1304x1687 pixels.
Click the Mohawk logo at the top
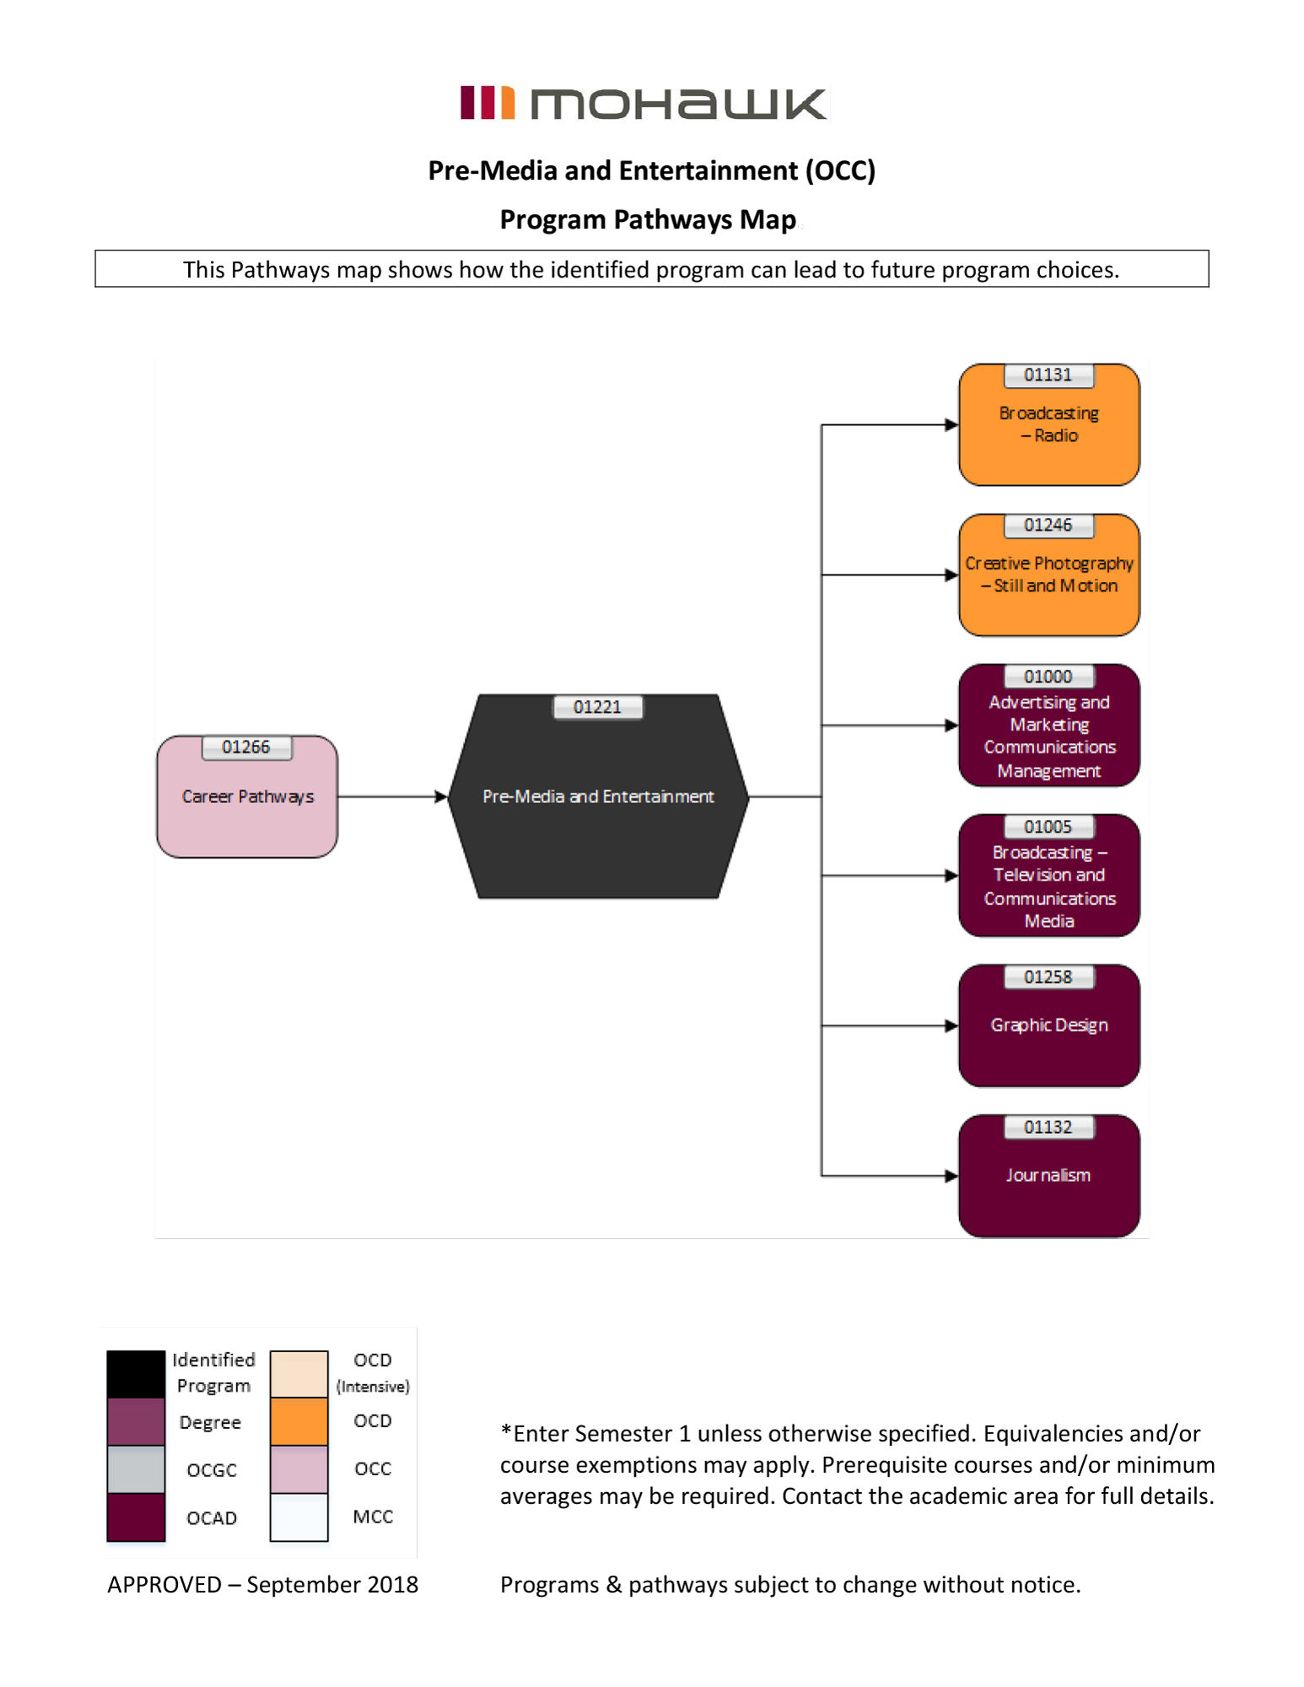point(644,103)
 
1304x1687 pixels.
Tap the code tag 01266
point(246,747)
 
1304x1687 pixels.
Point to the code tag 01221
point(597,707)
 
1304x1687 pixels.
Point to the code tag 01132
point(1048,1127)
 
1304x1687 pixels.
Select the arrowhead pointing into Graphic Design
point(951,1026)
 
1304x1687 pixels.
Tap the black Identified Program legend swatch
point(136,1373)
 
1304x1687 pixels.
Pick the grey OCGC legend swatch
point(136,1469)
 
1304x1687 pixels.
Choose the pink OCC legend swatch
point(299,1469)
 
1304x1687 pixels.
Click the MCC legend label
point(373,1517)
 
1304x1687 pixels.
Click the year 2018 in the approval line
point(393,1584)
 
